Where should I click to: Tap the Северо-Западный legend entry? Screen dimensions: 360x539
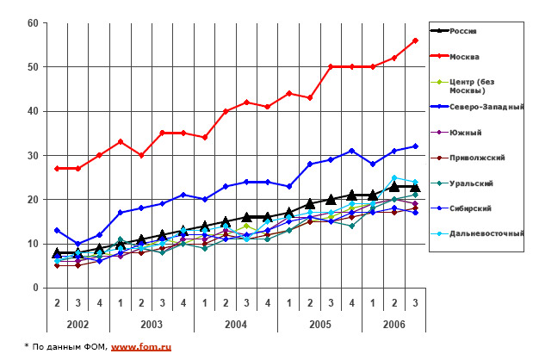click(x=487, y=106)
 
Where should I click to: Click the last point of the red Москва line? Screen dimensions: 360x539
click(x=415, y=40)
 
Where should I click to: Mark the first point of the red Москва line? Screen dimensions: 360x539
click(x=57, y=168)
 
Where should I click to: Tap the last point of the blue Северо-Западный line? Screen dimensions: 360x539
click(x=415, y=146)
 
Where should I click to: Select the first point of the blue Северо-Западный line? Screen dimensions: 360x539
click(x=57, y=230)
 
